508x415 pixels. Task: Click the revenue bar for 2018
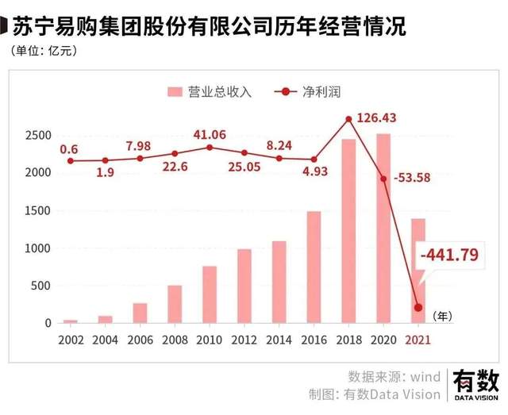click(349, 231)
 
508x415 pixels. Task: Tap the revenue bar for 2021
click(418, 270)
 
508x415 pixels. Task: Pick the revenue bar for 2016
click(314, 267)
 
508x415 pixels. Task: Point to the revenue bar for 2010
click(210, 294)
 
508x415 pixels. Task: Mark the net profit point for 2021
click(418, 308)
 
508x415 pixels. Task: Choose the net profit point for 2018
click(349, 120)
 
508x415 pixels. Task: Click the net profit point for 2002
click(71, 161)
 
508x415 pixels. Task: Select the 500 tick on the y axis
click(42, 286)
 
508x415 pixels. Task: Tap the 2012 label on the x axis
click(244, 339)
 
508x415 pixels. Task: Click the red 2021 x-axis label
click(418, 339)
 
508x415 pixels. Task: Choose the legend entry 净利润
click(306, 91)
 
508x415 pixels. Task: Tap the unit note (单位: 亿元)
click(44, 52)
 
